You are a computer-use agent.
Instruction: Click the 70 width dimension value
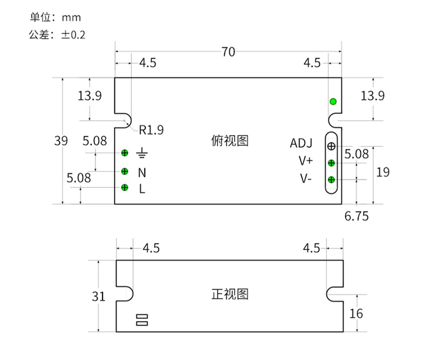(x=228, y=52)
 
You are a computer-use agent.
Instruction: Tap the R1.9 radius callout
(x=151, y=130)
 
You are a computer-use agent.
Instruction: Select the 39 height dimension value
(x=61, y=141)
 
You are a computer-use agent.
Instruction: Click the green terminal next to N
(x=125, y=171)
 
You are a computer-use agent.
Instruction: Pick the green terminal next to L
(x=125, y=187)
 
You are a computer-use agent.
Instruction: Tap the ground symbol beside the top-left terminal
(x=142, y=153)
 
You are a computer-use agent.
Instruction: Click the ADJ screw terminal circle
(x=331, y=146)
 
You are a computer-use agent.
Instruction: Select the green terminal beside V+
(x=331, y=163)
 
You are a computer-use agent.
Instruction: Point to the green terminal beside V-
(x=331, y=179)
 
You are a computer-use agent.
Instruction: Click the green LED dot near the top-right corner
(x=333, y=102)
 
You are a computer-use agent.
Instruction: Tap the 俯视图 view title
(x=230, y=141)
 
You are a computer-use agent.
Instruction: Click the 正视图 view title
(x=230, y=294)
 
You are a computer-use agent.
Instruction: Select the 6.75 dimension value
(x=356, y=216)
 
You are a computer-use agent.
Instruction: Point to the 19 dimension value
(x=383, y=172)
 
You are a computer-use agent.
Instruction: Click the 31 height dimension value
(x=98, y=296)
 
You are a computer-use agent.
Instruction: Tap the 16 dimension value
(x=356, y=313)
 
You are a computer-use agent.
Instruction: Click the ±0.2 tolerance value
(x=73, y=35)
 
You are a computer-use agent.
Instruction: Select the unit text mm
(x=71, y=17)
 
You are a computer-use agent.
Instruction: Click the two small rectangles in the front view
(x=142, y=319)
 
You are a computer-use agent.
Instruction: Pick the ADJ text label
(x=301, y=143)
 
